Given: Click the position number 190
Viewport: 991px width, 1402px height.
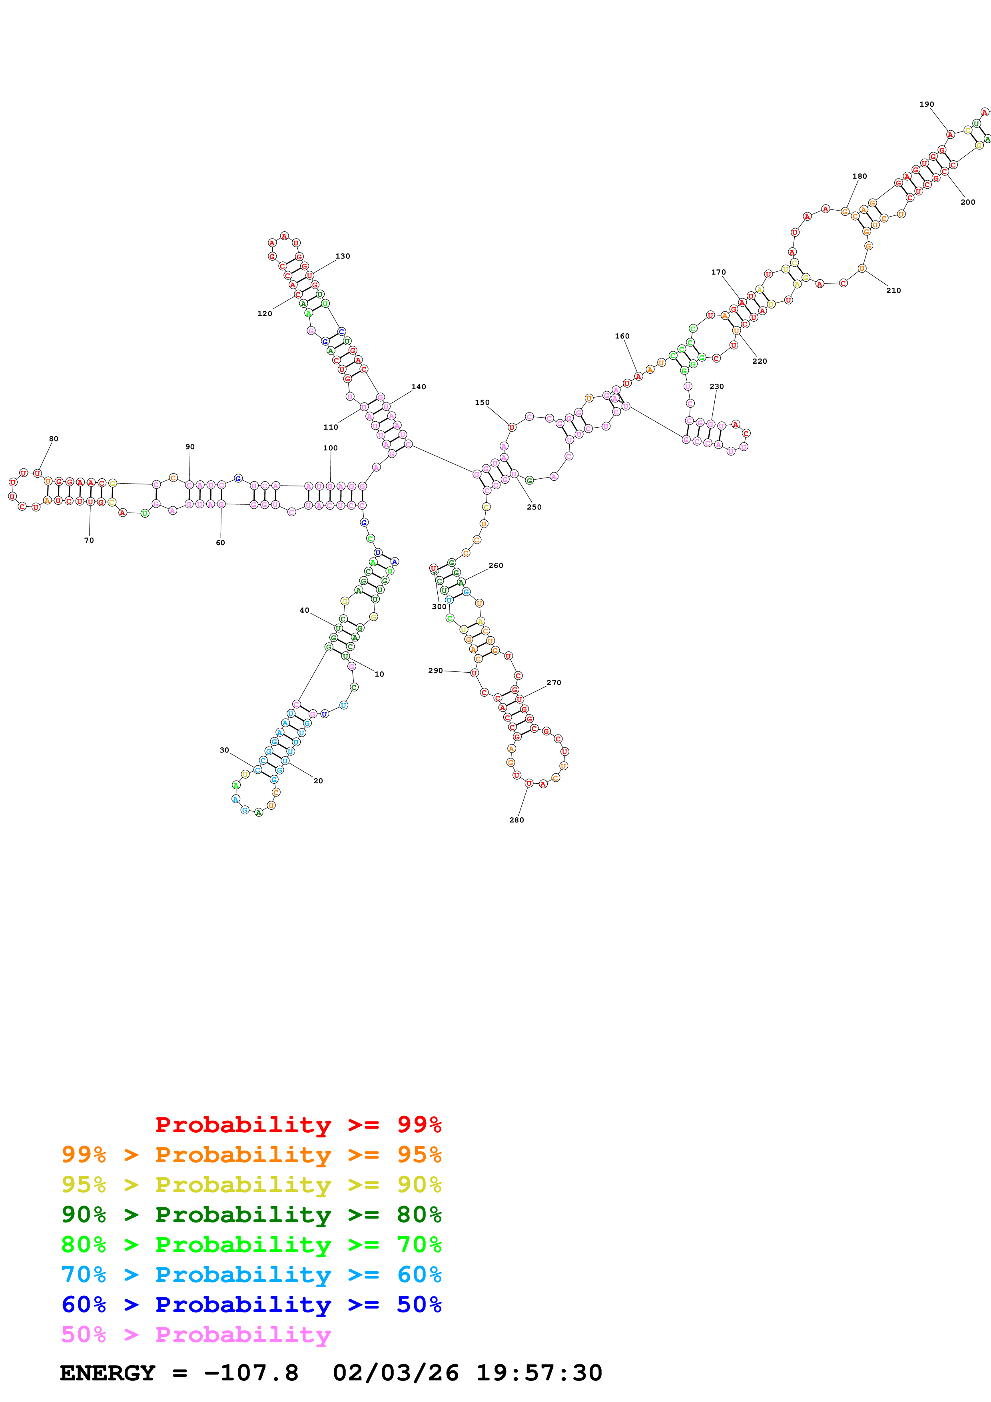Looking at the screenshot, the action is (x=926, y=104).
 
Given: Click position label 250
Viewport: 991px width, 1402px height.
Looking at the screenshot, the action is (x=534, y=507).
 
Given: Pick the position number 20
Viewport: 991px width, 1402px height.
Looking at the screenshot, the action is (x=318, y=781).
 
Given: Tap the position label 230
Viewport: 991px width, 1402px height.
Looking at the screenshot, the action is (x=716, y=386).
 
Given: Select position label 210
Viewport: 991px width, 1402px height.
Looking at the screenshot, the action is (x=893, y=290).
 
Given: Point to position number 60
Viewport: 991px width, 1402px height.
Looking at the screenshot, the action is (x=220, y=542).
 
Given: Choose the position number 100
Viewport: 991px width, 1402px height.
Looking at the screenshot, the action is (x=330, y=448).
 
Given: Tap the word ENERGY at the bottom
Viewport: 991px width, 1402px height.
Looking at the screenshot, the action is (x=108, y=1373).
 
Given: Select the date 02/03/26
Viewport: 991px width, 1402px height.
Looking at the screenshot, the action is (x=396, y=1373).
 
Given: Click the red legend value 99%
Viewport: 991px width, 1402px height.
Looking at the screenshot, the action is (x=419, y=1124).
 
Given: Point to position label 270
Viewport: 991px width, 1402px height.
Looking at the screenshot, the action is (x=553, y=682).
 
